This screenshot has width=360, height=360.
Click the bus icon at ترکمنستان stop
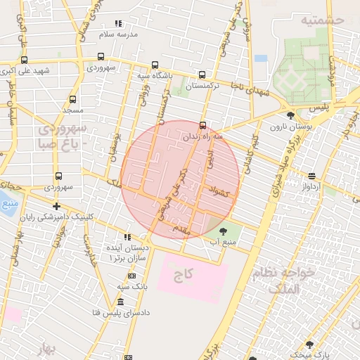[x=202, y=75]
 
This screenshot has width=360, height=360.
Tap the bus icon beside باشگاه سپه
[x=155, y=65]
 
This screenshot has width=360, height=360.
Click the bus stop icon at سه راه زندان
[x=202, y=126]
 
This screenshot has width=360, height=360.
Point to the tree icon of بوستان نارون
[x=290, y=115]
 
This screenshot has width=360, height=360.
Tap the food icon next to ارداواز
[x=311, y=176]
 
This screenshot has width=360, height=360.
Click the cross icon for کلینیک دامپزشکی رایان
[x=56, y=206]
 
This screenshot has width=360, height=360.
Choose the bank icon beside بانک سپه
[x=132, y=276]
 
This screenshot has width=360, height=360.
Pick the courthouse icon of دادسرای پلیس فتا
[x=120, y=302]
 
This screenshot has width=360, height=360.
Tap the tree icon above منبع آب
[x=223, y=231]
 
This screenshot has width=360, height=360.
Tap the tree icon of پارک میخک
[x=309, y=345]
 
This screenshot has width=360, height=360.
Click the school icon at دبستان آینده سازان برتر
[x=127, y=237]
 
